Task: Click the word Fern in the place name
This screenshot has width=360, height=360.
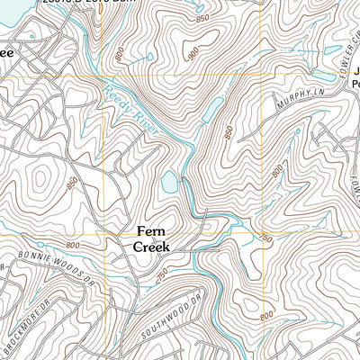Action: coord(151,229)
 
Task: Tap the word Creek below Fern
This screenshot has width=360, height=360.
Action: coord(151,245)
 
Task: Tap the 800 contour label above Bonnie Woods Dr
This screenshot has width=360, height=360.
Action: coord(71,245)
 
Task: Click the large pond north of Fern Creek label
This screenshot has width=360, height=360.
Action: coord(169,183)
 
